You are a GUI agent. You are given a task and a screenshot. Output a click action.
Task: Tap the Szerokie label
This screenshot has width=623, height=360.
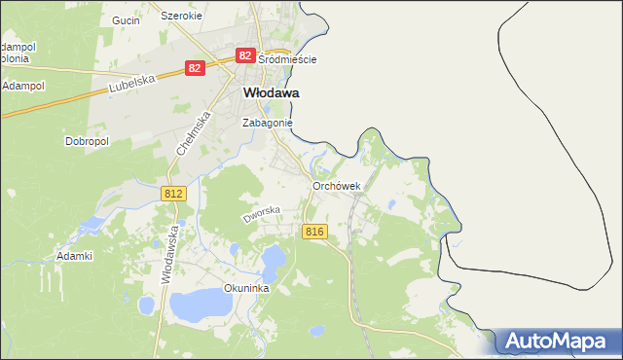pos(181,17)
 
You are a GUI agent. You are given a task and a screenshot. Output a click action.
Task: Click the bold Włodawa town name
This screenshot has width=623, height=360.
pos(270,92)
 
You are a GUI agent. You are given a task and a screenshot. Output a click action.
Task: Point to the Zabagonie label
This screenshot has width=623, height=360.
pos(267,124)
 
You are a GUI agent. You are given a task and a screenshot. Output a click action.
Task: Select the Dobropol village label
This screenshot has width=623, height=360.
pos(87,141)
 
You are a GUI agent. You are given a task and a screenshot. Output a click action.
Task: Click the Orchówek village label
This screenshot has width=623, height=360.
pos(337,186)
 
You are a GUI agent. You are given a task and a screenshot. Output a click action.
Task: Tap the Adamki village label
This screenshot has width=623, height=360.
pos(74,257)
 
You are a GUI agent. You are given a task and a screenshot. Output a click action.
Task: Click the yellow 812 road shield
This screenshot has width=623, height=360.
pos(173,195)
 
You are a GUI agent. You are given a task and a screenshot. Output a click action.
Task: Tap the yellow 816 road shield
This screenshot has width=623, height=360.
pos(313,231)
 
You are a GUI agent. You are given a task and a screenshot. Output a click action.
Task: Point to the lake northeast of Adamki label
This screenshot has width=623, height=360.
pos(91,226)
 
